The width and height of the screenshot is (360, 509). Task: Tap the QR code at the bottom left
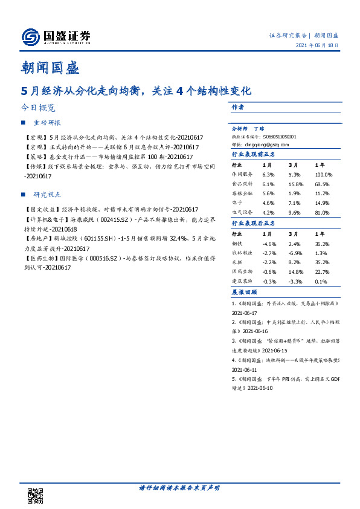click(x=36, y=496)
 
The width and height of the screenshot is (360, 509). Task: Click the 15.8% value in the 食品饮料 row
click(x=295, y=183)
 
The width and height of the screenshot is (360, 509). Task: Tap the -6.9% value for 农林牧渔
click(x=295, y=252)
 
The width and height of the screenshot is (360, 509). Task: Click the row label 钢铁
click(x=239, y=242)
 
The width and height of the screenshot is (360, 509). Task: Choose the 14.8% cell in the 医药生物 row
click(x=295, y=271)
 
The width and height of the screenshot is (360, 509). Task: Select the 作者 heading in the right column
click(x=237, y=106)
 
